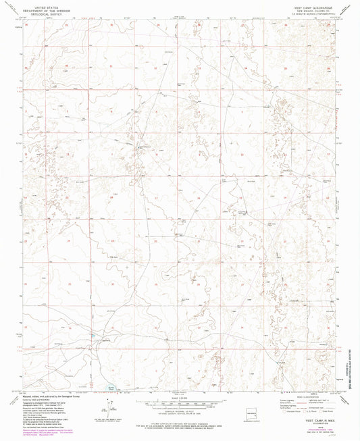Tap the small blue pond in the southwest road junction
91,335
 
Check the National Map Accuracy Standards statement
180,421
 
